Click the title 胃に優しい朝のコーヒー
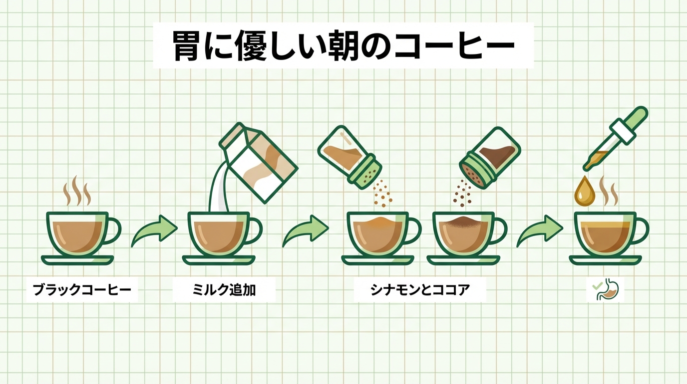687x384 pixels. click(x=343, y=46)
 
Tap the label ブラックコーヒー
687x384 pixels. click(x=82, y=289)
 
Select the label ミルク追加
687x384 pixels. click(x=224, y=289)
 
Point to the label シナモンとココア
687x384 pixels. click(x=420, y=289)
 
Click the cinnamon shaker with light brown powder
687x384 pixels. click(x=349, y=157)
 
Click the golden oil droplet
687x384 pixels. click(x=585, y=191)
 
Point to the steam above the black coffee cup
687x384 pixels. click(x=77, y=191)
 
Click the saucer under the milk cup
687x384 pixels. click(x=219, y=260)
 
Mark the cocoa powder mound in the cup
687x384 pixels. click(x=464, y=220)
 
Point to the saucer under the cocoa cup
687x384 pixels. click(x=463, y=260)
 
